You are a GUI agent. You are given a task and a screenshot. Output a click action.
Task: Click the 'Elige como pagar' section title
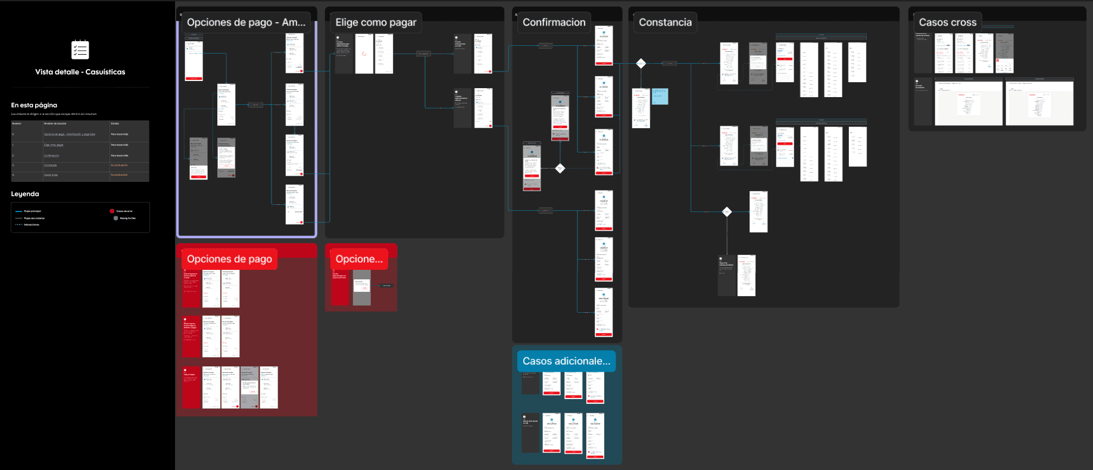click(376, 23)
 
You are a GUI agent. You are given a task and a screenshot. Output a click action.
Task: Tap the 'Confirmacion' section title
click(554, 23)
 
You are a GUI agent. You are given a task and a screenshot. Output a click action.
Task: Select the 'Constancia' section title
click(665, 23)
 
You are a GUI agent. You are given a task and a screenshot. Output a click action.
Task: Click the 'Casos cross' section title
click(947, 23)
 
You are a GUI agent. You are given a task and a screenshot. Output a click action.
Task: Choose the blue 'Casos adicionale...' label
click(566, 361)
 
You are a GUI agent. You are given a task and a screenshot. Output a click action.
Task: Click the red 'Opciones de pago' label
click(229, 259)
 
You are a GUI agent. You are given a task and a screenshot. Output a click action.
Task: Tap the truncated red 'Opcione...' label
click(358, 259)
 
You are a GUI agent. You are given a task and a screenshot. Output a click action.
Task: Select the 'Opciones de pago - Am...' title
click(246, 23)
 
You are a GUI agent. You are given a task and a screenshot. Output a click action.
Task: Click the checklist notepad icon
click(80, 49)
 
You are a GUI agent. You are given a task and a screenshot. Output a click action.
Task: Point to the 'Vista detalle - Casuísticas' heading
click(80, 72)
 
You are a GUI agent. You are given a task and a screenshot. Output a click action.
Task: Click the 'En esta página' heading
click(34, 105)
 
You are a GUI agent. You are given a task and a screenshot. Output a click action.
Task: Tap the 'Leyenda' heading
click(25, 194)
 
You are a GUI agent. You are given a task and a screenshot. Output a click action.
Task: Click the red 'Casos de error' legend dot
click(112, 211)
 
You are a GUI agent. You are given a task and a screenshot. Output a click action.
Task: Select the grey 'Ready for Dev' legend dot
click(115, 218)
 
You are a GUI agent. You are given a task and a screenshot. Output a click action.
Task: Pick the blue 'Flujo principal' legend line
click(18, 211)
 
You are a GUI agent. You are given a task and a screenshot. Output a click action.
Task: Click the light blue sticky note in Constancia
click(660, 97)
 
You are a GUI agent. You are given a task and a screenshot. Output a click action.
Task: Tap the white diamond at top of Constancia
click(641, 63)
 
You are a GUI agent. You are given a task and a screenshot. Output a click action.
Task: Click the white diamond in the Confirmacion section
click(560, 169)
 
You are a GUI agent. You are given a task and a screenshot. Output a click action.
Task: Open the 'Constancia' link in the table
click(50, 166)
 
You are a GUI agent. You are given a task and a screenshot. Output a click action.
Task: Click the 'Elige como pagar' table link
click(53, 145)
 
